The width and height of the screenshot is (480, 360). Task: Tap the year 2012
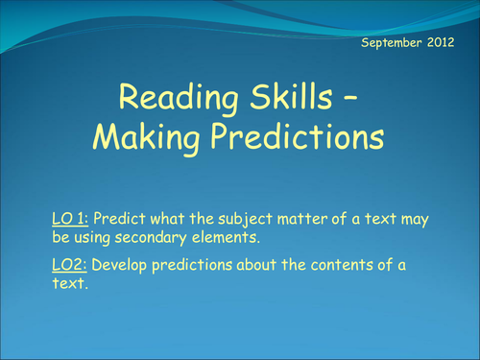(441, 42)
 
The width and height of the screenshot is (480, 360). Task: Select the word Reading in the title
(179, 98)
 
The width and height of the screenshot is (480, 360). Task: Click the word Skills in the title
(291, 96)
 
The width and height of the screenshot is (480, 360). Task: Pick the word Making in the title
(146, 137)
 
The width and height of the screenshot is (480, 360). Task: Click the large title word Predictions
(298, 135)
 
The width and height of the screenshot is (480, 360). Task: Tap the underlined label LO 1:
(70, 219)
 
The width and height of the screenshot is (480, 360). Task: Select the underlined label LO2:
(69, 265)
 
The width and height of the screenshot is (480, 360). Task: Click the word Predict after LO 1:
(119, 219)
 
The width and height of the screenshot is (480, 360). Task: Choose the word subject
(246, 220)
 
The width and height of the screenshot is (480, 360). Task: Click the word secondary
(151, 238)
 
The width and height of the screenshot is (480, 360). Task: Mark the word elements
(226, 238)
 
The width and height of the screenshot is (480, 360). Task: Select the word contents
(342, 265)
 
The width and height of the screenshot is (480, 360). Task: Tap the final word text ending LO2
(70, 283)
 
